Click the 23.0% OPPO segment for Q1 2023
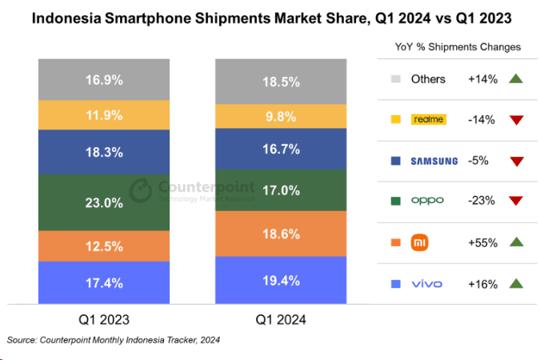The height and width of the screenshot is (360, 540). point(104,202)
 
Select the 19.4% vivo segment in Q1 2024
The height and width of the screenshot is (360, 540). point(280,280)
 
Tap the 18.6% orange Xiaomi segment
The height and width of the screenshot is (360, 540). point(280,234)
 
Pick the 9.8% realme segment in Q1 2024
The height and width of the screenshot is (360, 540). point(280,116)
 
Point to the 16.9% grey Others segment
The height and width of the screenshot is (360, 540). point(104,79)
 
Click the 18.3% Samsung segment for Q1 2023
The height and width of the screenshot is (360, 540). point(104,150)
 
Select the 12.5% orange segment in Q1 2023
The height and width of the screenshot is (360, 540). point(104,246)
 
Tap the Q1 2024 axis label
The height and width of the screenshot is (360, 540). point(281,320)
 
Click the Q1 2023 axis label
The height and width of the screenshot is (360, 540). point(104,320)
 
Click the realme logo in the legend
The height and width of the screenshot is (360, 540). point(428,119)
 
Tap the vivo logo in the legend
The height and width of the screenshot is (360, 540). point(426,283)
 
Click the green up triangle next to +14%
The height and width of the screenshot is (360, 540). point(515,78)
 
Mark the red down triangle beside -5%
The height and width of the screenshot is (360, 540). point(515,161)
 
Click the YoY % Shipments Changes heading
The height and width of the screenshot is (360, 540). point(458,47)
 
